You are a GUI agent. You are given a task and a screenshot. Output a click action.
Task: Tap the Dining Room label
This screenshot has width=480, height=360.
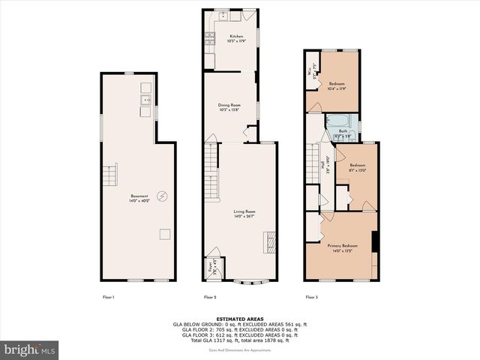tap(229, 107)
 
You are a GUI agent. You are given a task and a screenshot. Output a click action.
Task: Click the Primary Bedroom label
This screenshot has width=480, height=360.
tap(342, 248)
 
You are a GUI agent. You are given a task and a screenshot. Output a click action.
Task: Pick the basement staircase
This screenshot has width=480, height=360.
tap(110, 176)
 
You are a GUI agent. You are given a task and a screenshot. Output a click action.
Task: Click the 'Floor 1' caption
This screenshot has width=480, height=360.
tap(109, 298)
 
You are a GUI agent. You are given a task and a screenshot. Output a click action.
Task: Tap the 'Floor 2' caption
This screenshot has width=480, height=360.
tap(211, 298)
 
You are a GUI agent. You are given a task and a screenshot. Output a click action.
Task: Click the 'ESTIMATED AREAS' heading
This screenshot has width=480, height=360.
tap(239, 318)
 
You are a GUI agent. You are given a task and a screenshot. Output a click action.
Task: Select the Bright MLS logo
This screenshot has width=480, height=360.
tap(30, 349)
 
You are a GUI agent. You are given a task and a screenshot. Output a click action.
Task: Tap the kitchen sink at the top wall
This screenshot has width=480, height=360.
tap(224, 15)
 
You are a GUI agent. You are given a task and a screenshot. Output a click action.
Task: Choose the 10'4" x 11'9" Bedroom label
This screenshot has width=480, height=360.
tap(336, 86)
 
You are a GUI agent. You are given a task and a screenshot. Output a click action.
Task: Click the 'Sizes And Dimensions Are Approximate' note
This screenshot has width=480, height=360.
tap(239, 350)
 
